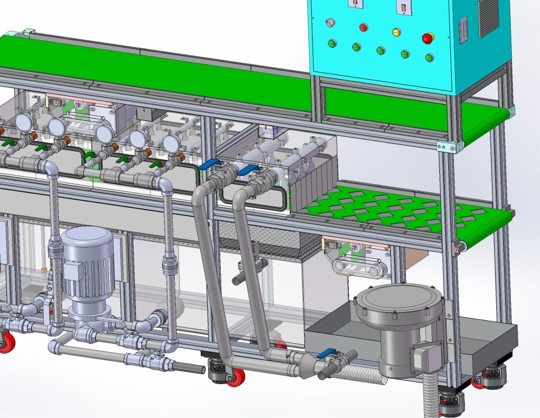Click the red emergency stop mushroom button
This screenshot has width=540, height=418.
pyautogui.click(x=428, y=38)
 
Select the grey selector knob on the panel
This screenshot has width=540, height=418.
pyautogui.click(x=329, y=22)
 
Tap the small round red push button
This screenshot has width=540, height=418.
pyautogui.click(x=363, y=27)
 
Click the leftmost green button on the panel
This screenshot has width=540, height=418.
pyautogui.click(x=331, y=43)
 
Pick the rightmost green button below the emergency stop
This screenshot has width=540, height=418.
pyautogui.click(x=429, y=57)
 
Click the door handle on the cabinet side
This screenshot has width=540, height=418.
pyautogui.click(x=462, y=30)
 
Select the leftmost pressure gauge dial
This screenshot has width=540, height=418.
pyautogui.click(x=23, y=122)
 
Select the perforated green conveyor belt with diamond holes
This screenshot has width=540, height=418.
pyautogui.click(x=397, y=209)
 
